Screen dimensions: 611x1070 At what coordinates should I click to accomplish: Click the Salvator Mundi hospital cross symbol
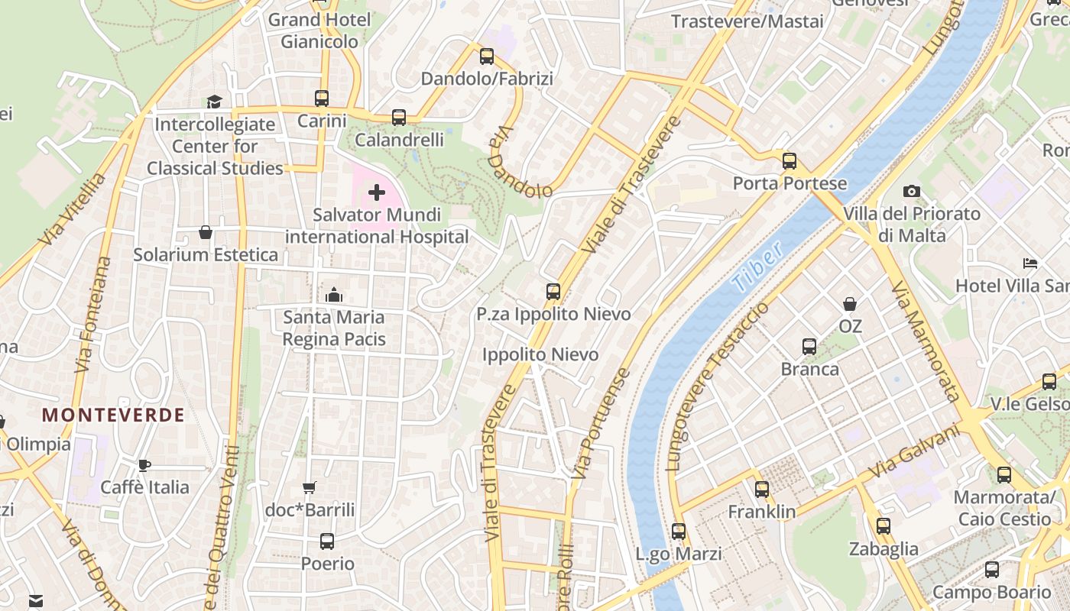pos(377,192)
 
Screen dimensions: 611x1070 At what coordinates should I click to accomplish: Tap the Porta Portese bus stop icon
pos(790,161)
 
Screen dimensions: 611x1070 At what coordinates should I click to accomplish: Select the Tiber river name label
pos(757,266)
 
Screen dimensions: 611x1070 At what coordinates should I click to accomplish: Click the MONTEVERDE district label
pos(113,415)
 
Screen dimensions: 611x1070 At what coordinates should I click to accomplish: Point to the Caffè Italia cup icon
pos(144,465)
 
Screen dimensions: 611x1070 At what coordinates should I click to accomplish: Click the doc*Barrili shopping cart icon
pos(310,487)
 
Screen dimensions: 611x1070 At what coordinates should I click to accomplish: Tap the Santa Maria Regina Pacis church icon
pos(334,295)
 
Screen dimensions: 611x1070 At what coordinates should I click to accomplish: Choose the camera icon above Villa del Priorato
pos(911,191)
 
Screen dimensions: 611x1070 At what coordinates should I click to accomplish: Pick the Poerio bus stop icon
pos(327,541)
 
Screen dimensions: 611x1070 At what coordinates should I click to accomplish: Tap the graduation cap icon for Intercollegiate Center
pos(214,102)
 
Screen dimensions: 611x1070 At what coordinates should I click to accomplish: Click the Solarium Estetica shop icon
pos(205,232)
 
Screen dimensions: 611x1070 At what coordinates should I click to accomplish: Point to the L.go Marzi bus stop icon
pos(679,532)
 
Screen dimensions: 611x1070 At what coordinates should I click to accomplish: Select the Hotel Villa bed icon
pos(1030,263)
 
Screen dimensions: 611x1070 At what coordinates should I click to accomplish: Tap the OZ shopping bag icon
pos(850,304)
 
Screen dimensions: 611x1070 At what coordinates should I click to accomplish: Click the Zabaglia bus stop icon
pos(884,526)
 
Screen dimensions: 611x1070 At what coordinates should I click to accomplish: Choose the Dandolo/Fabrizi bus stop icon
pos(487,57)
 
